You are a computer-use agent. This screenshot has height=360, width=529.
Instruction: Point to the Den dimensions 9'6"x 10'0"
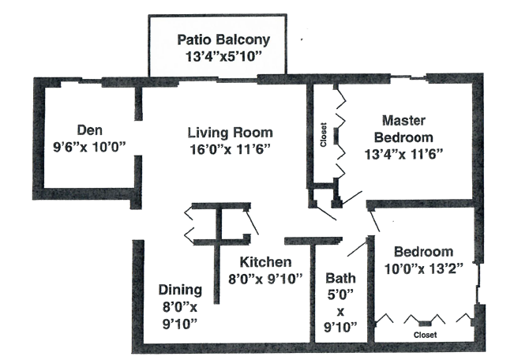[88, 146]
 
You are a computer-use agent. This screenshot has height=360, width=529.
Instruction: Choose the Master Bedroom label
[403, 129]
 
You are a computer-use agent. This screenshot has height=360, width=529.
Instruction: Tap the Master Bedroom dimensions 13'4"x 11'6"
[404, 154]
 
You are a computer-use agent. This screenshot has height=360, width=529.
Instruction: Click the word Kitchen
[267, 262]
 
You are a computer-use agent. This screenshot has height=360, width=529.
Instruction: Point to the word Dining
[180, 289]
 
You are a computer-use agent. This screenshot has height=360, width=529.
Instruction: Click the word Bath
[341, 278]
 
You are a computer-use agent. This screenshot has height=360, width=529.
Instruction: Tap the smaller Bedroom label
[422, 252]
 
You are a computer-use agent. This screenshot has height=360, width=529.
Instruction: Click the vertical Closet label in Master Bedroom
[324, 135]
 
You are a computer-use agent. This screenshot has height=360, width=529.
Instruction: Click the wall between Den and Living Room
[138, 107]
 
